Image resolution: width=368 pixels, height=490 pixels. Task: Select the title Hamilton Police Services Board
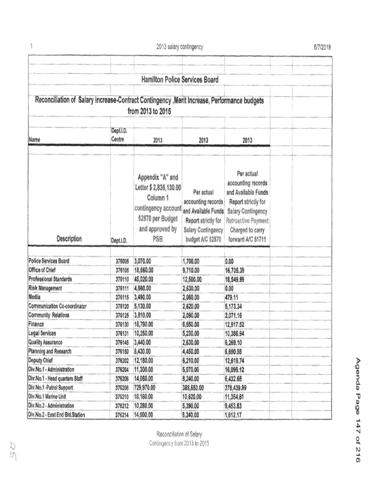point(180,80)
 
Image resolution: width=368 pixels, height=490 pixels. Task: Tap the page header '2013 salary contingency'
point(180,47)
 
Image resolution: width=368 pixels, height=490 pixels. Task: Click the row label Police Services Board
point(49,261)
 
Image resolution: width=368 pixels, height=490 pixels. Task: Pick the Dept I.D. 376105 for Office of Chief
point(122,270)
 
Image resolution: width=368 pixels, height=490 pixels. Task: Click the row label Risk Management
point(45,288)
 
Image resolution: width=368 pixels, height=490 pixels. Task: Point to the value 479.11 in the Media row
point(231,297)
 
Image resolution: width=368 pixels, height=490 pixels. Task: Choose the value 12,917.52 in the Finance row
point(238,324)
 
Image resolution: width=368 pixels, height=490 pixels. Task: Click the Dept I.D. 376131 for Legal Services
point(122,334)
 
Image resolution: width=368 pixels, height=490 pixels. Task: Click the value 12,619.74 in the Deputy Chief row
point(238,361)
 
